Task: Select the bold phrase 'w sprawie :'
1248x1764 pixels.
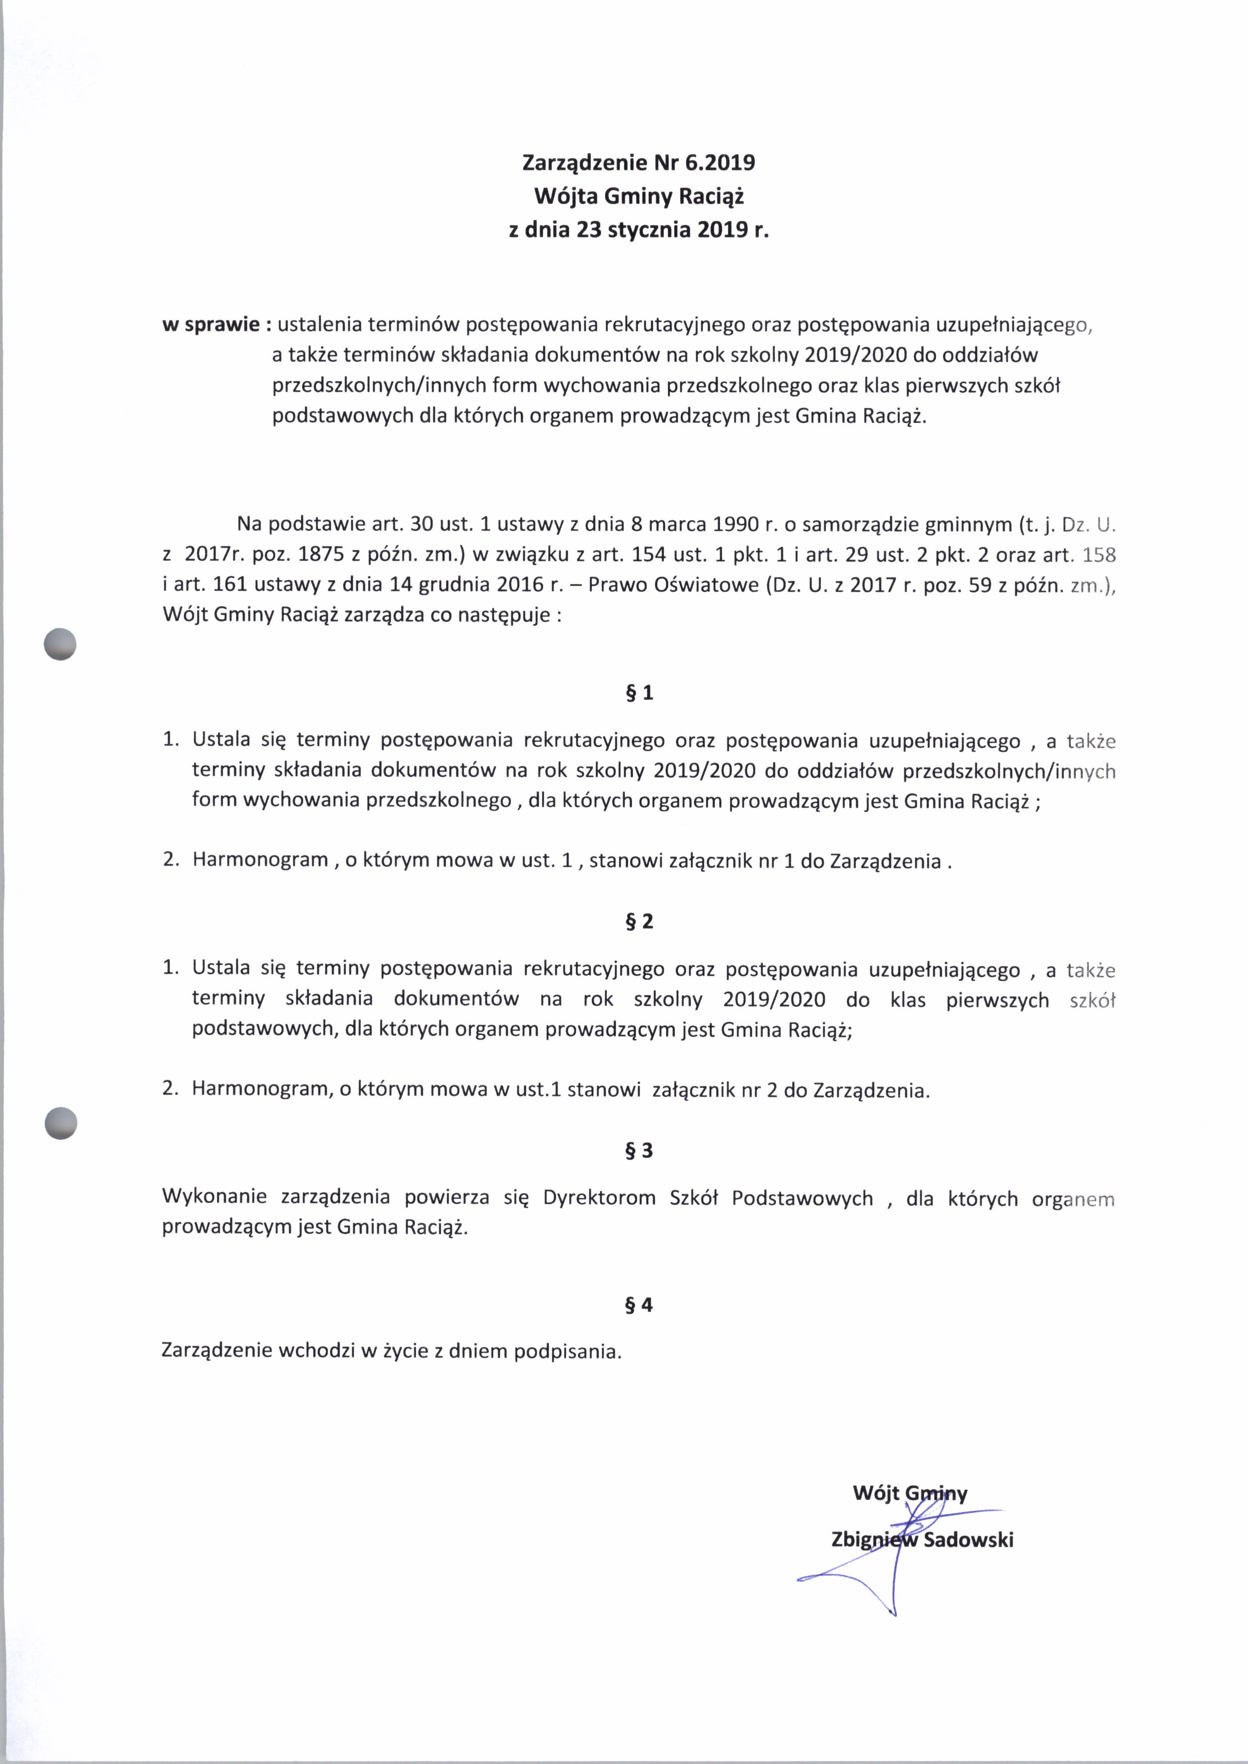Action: coord(217,325)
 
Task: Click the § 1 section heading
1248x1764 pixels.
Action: coord(640,693)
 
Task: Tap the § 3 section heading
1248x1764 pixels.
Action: coord(640,1150)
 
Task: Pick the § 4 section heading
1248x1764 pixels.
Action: coord(640,1305)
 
